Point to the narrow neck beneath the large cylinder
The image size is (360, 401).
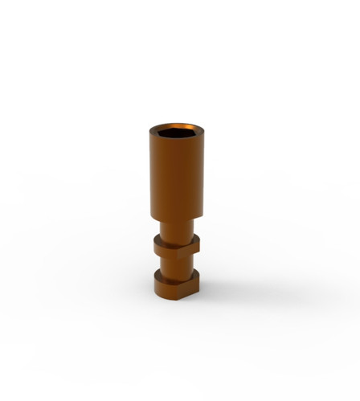pyautogui.click(x=177, y=227)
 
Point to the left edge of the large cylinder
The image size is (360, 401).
pyautogui.click(x=150, y=173)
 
